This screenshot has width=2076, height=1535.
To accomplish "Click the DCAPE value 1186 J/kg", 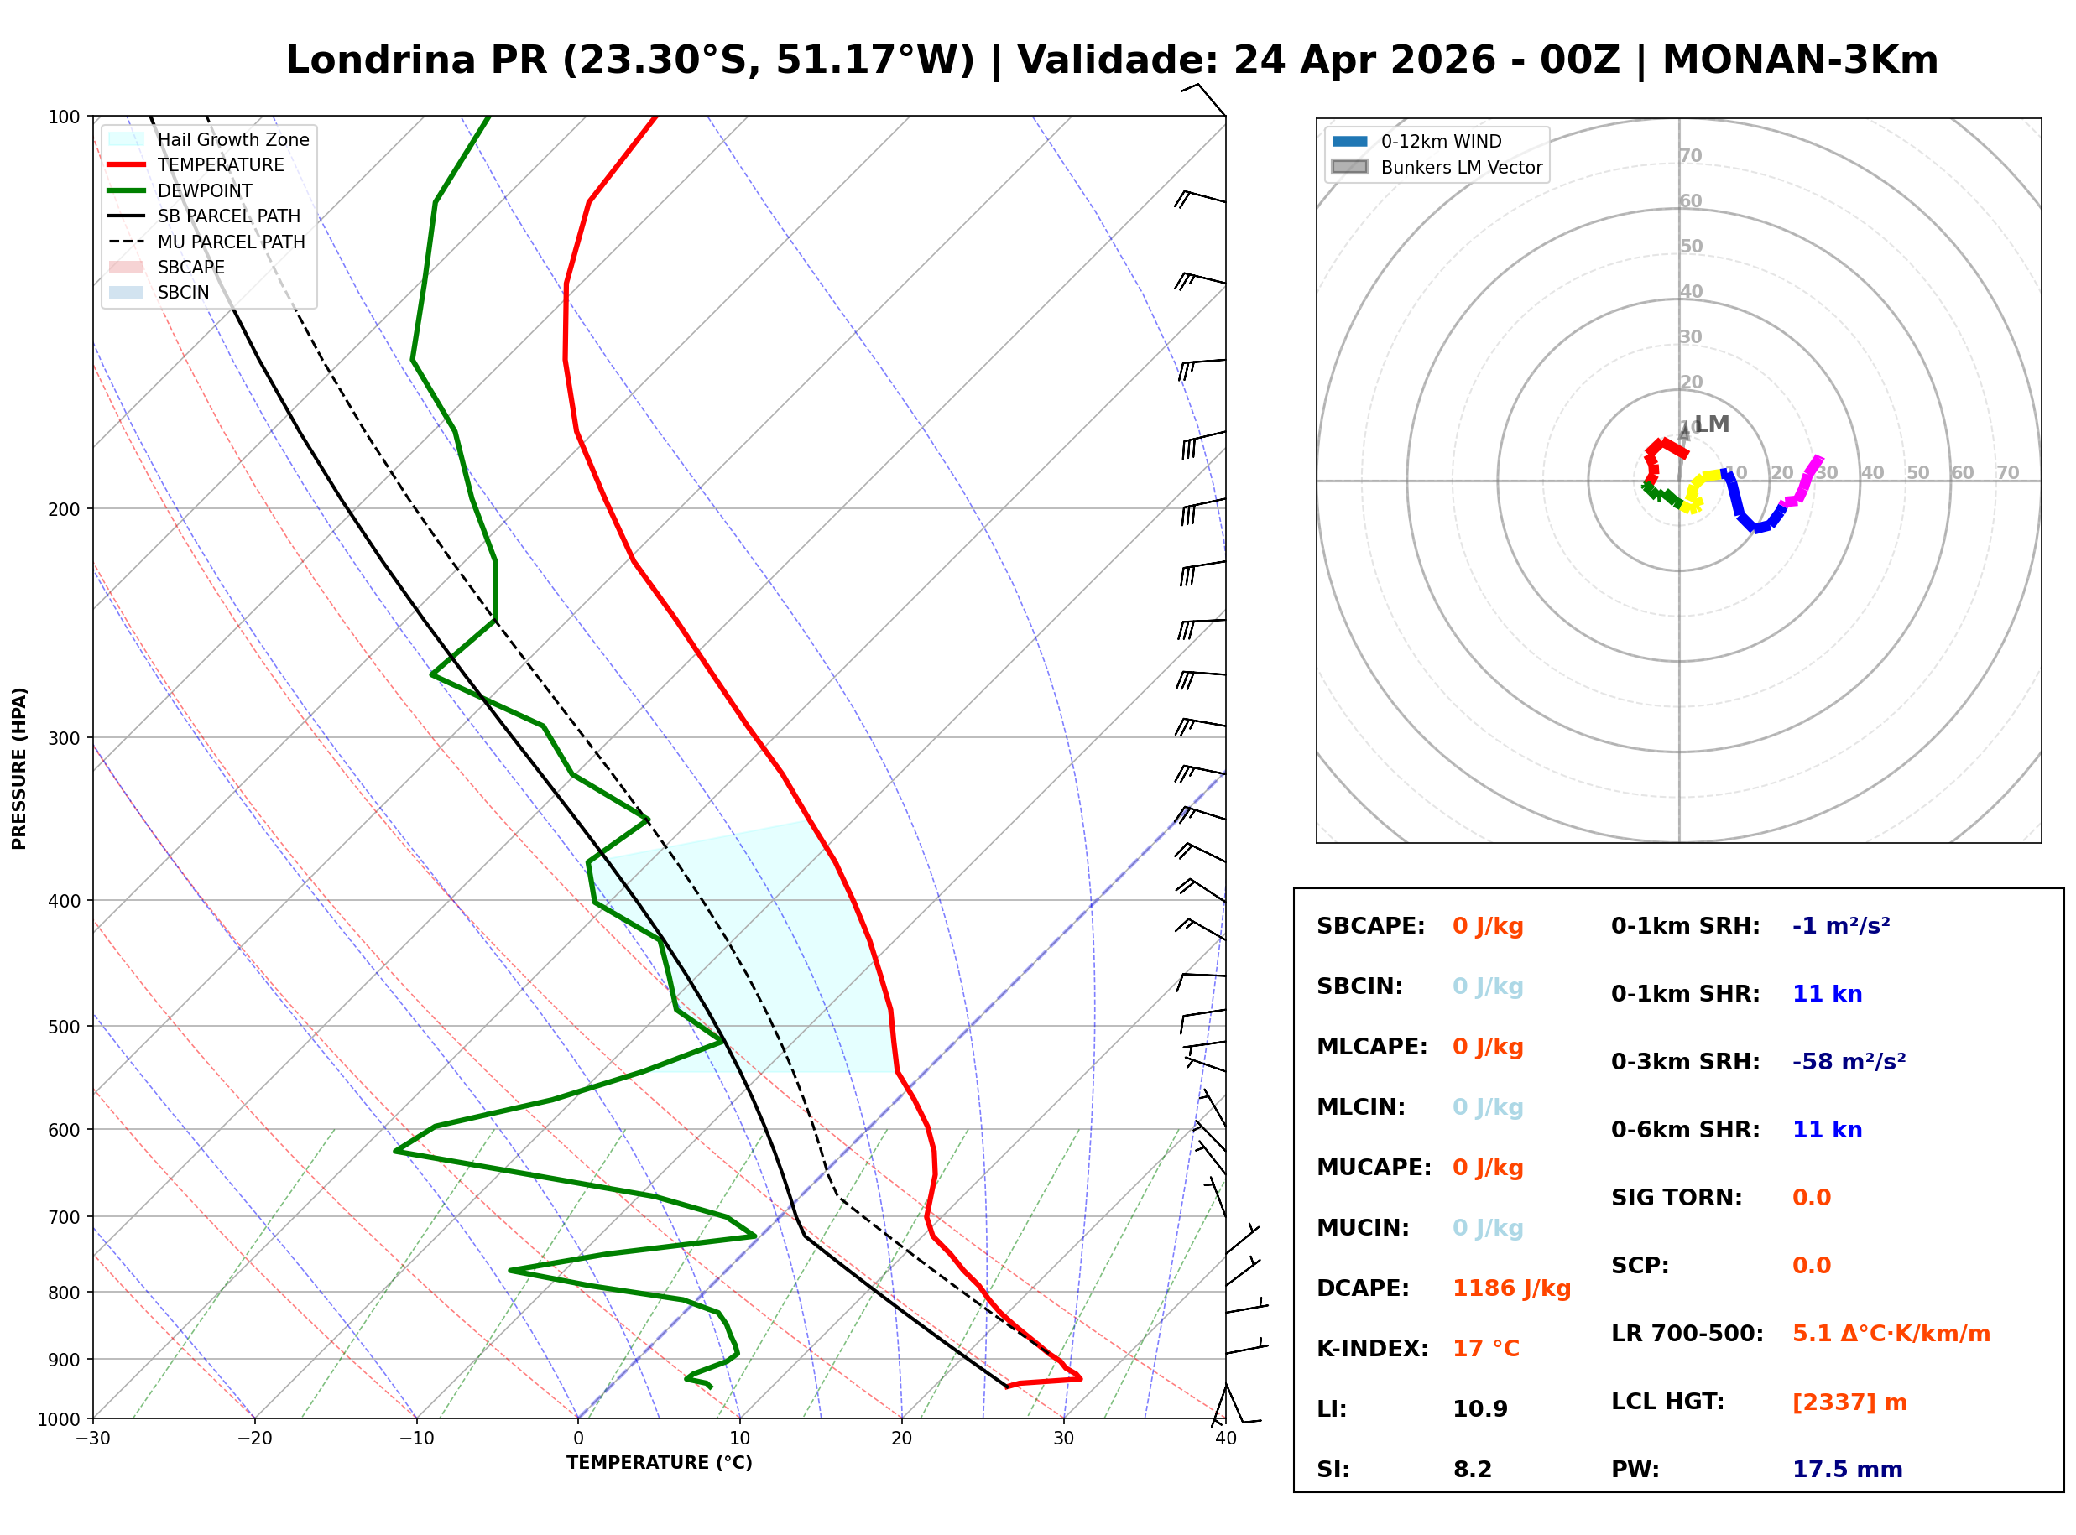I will [x=1511, y=1288].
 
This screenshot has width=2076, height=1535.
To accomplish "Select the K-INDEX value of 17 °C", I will [x=1485, y=1349].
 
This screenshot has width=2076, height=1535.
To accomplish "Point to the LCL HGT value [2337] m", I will [x=1849, y=1402].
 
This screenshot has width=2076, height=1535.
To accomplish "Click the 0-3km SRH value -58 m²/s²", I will [x=1849, y=1062].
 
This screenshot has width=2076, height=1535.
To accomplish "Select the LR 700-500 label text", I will [x=1687, y=1335].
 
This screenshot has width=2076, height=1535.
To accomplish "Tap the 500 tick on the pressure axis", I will [x=63, y=1027].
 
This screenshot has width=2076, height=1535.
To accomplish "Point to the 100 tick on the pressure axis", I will [x=63, y=117].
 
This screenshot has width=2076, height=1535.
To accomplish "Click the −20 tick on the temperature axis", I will [x=253, y=1439].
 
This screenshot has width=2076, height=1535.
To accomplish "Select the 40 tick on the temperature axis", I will [x=1225, y=1439].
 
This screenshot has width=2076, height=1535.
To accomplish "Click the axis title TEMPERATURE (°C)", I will [x=659, y=1464].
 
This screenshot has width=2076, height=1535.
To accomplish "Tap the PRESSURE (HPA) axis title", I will [x=19, y=768].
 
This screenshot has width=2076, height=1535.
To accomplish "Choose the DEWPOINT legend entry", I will [x=205, y=190].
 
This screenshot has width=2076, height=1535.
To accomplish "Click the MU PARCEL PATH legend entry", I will [x=231, y=242].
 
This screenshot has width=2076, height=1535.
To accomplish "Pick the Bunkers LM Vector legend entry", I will [x=1461, y=167].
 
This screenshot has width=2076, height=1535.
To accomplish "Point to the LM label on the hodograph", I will [x=1712, y=424].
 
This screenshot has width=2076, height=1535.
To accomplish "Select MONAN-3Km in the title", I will [x=1799, y=60].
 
